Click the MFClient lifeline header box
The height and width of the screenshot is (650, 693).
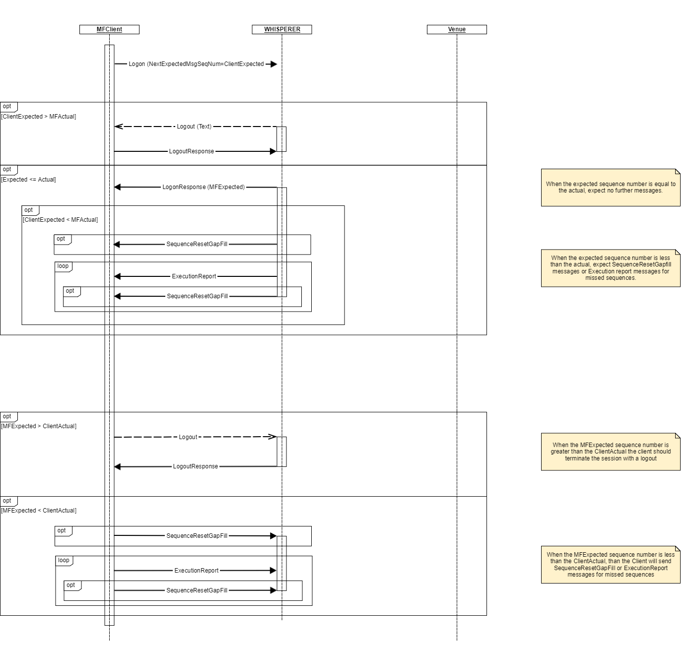(x=109, y=29)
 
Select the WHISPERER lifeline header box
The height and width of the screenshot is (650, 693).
(x=282, y=29)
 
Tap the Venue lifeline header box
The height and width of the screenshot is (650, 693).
(x=457, y=29)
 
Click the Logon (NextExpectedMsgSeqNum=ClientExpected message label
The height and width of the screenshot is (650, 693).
(x=196, y=64)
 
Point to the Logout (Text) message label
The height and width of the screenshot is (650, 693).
(x=194, y=127)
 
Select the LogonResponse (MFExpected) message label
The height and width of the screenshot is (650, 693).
(x=204, y=187)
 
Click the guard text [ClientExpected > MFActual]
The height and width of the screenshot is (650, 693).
(x=39, y=117)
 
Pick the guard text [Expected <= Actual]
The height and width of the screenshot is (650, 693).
(x=29, y=180)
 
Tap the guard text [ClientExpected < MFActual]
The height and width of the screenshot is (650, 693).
(x=61, y=220)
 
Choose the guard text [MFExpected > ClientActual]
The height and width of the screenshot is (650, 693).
(x=39, y=426)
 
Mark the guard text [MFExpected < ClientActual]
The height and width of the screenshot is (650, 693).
(x=39, y=511)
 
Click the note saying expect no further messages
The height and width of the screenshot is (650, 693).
(x=610, y=188)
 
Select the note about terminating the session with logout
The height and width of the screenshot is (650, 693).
(x=610, y=452)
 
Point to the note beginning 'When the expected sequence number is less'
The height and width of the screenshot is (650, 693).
(x=610, y=268)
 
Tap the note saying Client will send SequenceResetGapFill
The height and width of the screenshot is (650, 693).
(x=610, y=565)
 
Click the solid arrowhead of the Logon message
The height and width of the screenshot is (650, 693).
(x=274, y=64)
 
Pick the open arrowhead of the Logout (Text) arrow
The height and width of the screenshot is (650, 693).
(x=118, y=127)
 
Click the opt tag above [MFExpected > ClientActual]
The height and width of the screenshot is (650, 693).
(x=7, y=416)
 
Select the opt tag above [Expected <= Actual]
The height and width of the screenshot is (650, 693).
(x=7, y=169)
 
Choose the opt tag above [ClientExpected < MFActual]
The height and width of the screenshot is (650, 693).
(x=29, y=210)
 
